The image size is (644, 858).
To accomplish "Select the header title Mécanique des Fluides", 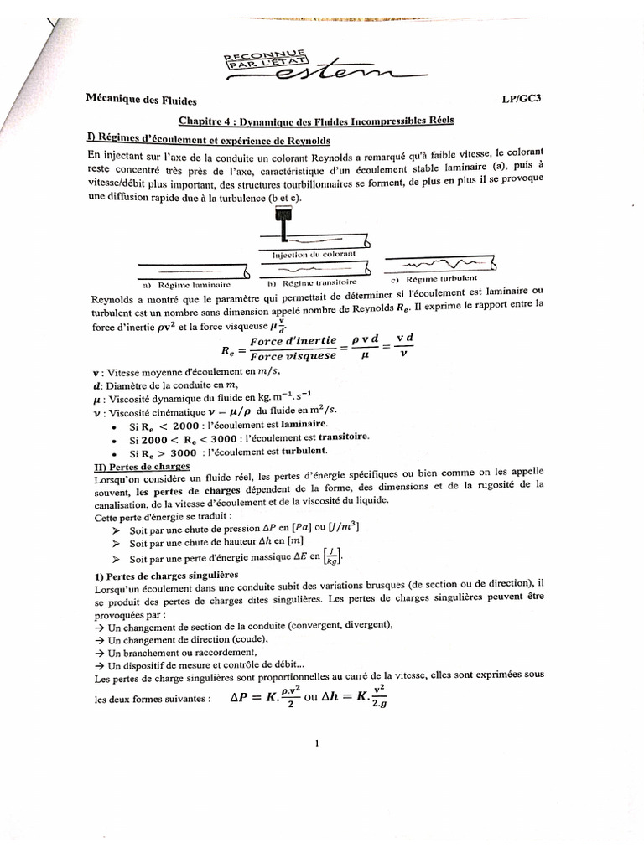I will click(x=138, y=99).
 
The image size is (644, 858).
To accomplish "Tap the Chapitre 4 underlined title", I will click(x=317, y=120).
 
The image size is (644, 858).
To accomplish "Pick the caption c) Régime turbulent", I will click(x=434, y=278).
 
